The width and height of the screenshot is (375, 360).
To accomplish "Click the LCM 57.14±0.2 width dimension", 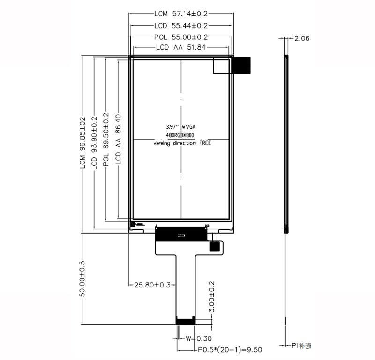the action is [181, 14].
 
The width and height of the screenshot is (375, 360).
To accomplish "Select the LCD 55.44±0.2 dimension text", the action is [181, 26].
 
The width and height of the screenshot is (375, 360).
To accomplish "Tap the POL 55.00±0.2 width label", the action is [181, 37].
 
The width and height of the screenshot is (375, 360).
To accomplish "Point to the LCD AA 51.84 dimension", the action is [181, 47].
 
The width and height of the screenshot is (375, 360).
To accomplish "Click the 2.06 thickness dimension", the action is [301, 38].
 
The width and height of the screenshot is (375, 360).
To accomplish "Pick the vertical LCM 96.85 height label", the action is [82, 143].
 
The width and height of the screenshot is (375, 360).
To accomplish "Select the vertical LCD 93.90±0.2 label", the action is [95, 143].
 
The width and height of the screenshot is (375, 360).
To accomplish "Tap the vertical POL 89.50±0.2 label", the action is [106, 140].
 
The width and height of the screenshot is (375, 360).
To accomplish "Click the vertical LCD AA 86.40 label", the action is [118, 140].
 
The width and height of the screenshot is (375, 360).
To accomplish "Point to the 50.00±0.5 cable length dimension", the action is [82, 279].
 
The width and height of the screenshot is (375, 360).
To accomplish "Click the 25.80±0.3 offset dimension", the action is [152, 285].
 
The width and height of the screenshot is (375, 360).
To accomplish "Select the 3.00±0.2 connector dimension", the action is [212, 297].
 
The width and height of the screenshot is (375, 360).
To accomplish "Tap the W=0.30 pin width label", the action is [198, 338].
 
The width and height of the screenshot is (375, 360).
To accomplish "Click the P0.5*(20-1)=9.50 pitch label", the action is [230, 350].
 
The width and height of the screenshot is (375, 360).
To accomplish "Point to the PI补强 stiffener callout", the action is [301, 345].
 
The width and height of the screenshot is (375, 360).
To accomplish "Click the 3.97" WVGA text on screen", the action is [180, 126].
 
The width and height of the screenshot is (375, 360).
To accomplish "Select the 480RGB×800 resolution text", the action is [180, 135].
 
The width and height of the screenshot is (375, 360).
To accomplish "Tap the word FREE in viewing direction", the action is [205, 143].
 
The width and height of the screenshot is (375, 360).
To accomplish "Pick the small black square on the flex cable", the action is [215, 247].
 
